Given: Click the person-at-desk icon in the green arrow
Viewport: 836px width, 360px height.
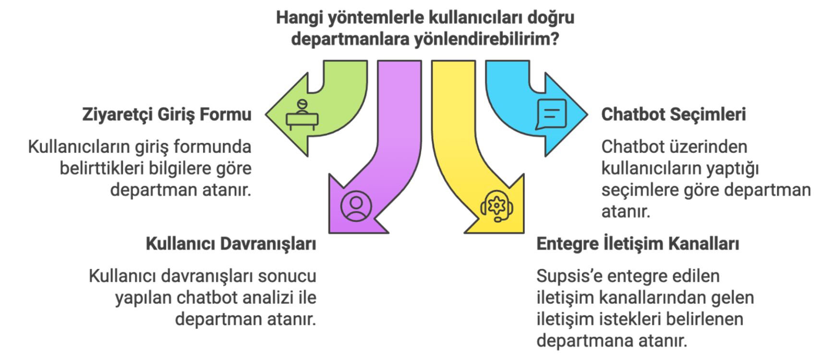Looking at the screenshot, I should [x=302, y=115].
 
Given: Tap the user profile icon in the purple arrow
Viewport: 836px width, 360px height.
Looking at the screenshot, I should [x=356, y=206].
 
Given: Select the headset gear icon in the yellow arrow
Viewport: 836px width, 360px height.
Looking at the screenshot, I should [x=497, y=206].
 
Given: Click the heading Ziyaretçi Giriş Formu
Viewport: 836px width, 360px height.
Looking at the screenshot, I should [x=167, y=115].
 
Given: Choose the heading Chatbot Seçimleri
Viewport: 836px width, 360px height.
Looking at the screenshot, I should [x=673, y=115].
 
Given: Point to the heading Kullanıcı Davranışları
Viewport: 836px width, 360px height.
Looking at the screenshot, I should [x=231, y=244].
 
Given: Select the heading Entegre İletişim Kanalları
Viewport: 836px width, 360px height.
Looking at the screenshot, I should [x=637, y=244].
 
